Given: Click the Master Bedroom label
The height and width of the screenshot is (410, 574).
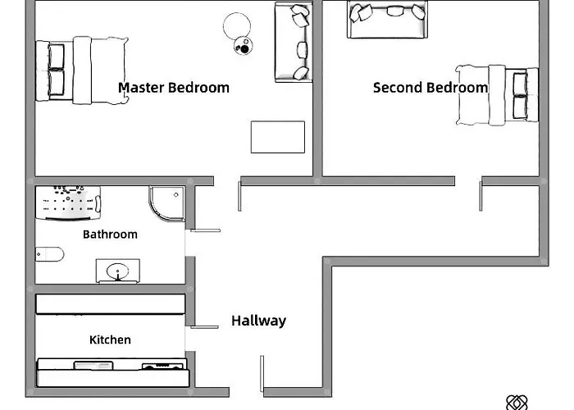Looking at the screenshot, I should [174, 87].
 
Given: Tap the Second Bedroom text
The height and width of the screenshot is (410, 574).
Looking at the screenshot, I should [430, 87].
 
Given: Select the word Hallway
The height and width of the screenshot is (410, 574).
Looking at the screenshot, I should [258, 321].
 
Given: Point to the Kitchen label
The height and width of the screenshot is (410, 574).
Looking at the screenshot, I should [110, 339].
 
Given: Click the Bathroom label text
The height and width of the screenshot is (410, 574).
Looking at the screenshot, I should [110, 235].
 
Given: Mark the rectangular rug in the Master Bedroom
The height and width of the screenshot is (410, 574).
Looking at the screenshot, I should [277, 137].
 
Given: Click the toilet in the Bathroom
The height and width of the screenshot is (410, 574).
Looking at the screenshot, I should [49, 254].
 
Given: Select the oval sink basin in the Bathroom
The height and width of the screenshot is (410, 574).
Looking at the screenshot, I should [117, 270].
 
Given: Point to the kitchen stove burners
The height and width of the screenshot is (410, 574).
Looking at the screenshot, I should [163, 366].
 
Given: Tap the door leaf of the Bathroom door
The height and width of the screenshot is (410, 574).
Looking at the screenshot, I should [203, 229].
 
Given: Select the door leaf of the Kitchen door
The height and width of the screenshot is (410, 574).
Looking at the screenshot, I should [203, 327].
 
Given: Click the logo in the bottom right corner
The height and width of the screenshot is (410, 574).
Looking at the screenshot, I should [516, 402].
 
